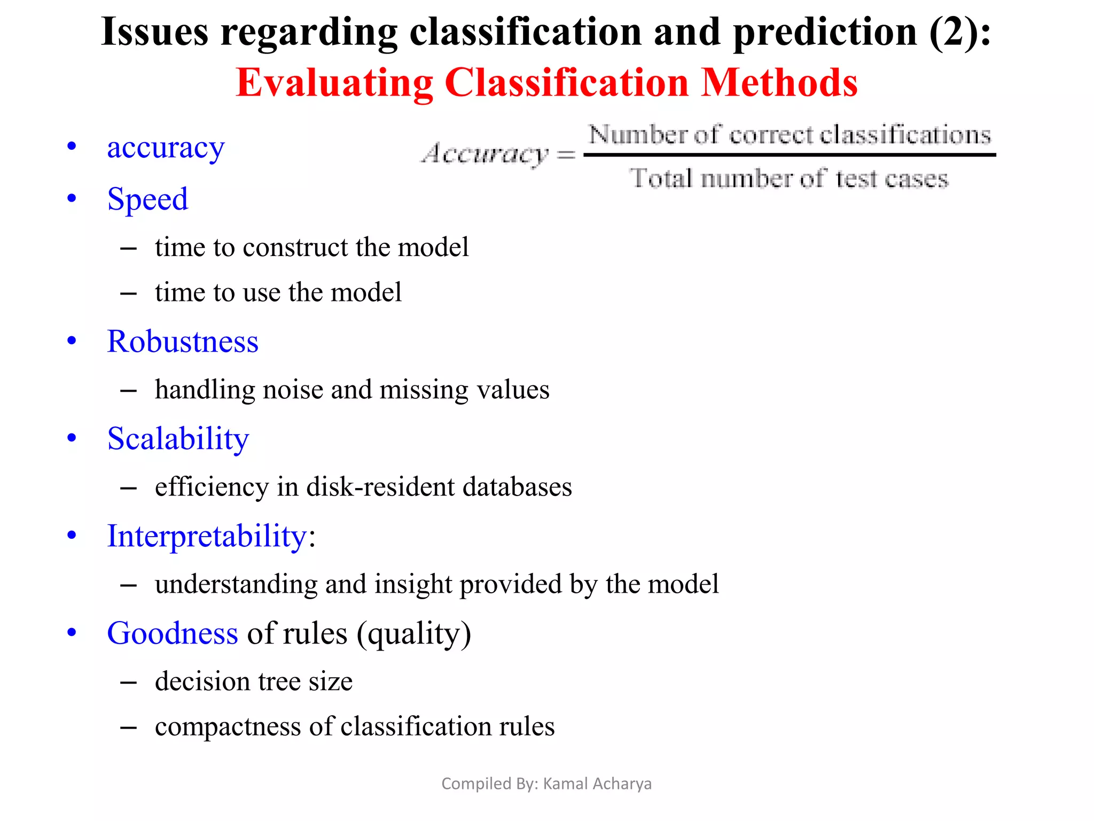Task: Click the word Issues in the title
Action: click(x=154, y=32)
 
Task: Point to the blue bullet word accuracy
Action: click(x=166, y=148)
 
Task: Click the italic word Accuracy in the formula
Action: click(x=485, y=154)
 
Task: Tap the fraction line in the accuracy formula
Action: click(x=790, y=155)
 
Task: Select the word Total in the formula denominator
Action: click(x=661, y=178)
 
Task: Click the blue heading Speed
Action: click(x=147, y=199)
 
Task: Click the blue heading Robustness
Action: click(x=183, y=342)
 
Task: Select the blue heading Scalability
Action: click(x=178, y=439)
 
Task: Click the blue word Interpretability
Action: click(x=207, y=536)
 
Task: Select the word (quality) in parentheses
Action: click(x=414, y=634)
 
